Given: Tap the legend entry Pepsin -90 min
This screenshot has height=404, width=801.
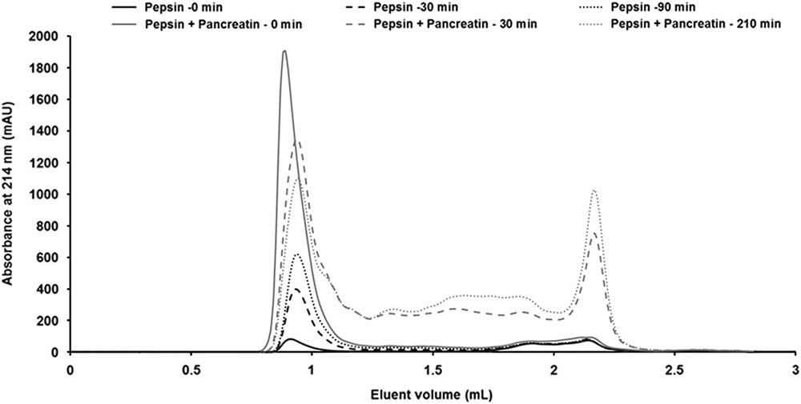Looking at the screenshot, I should [x=646, y=9].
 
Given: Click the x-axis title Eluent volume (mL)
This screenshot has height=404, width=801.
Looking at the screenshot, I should [x=433, y=394].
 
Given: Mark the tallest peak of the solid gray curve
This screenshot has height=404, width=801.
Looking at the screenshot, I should [x=284, y=51].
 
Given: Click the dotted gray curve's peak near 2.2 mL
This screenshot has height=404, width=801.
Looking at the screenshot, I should [x=594, y=190].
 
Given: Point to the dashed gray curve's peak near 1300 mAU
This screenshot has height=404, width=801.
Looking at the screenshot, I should [x=297, y=142].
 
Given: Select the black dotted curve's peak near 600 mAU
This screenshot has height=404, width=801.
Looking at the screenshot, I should [x=298, y=254].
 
